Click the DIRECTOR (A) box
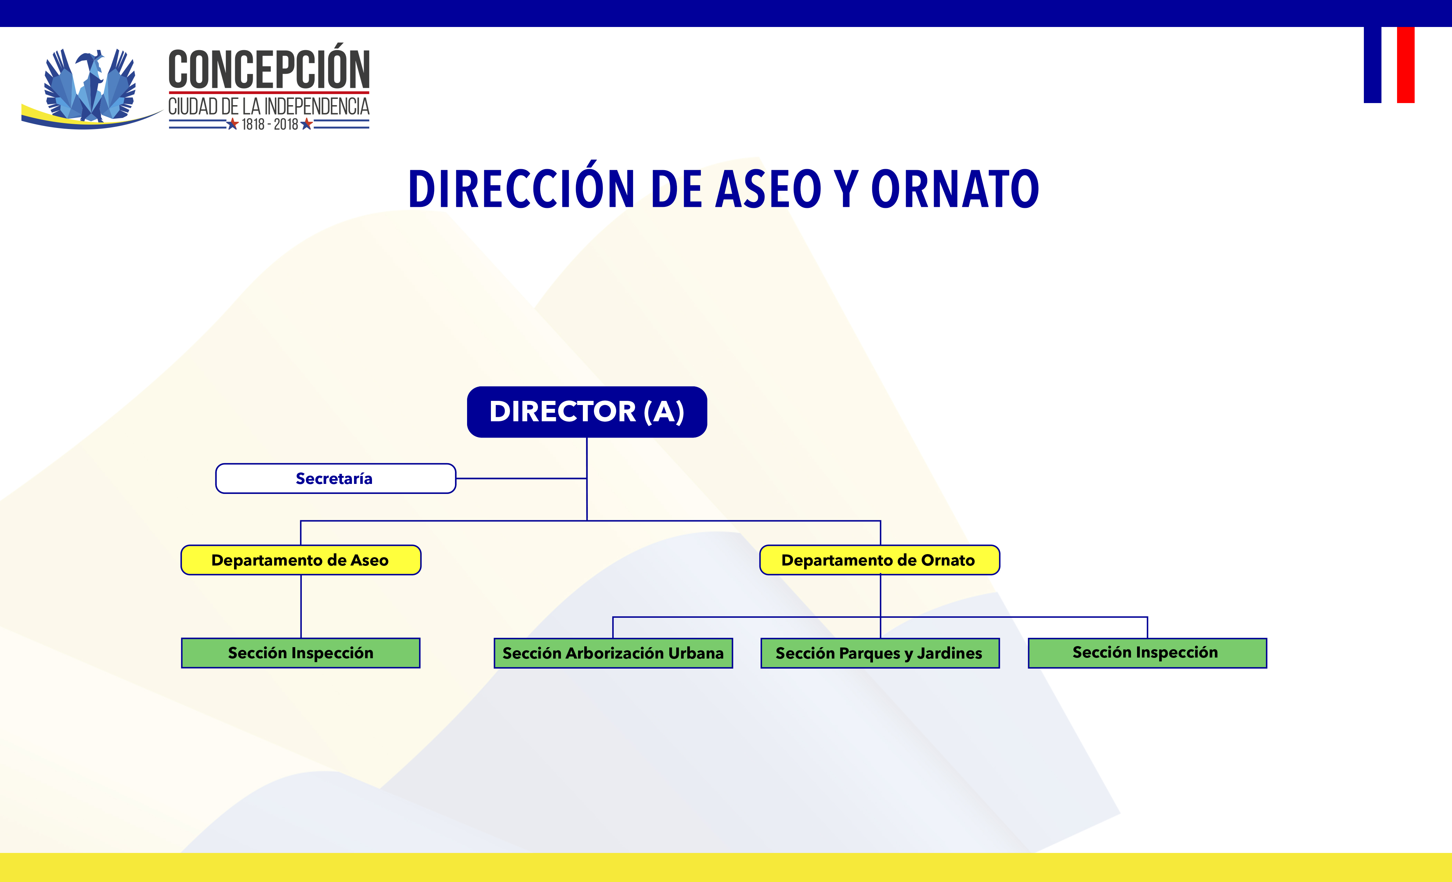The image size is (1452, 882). click(587, 412)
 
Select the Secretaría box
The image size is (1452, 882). click(335, 478)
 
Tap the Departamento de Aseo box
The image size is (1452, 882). click(300, 560)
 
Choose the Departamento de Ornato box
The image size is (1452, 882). click(879, 560)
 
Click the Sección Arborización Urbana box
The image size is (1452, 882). click(613, 653)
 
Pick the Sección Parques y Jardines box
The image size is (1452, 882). click(880, 653)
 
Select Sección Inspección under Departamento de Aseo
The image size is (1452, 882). click(300, 653)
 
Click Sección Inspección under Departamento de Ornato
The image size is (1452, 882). click(1147, 653)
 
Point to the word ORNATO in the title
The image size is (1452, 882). click(955, 189)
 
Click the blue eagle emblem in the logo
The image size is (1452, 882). click(90, 85)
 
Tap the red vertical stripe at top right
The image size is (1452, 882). click(1405, 65)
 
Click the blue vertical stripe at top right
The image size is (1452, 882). click(1372, 65)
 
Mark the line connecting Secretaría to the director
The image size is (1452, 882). click(522, 478)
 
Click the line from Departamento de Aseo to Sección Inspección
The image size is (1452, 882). click(301, 606)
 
